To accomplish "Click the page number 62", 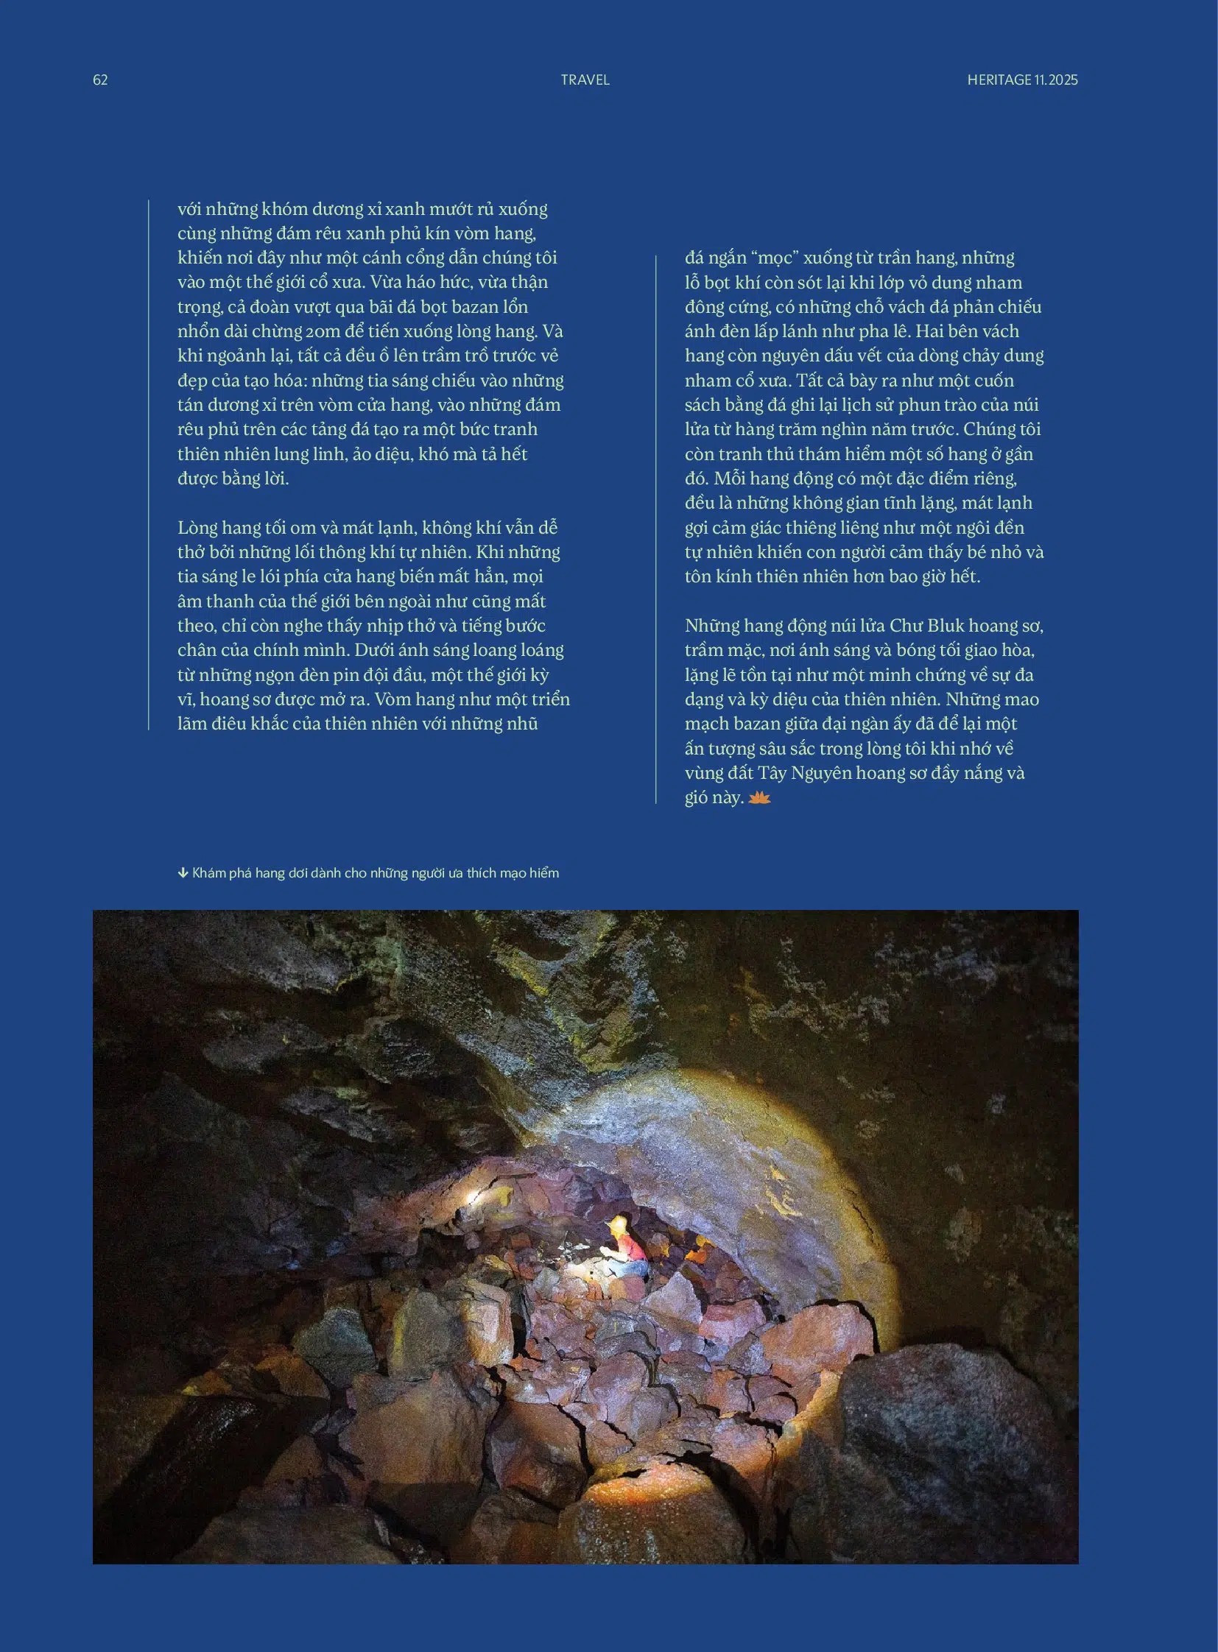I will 100,80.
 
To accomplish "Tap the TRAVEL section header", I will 585,80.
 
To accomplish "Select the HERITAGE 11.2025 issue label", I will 1022,80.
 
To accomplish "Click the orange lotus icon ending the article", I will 758,797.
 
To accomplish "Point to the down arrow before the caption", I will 183,874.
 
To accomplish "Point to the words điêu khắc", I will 254,724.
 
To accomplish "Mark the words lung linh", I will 314,454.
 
